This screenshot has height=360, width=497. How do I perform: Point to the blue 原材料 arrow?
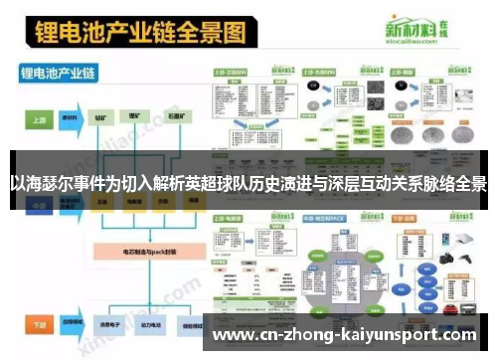[71, 117]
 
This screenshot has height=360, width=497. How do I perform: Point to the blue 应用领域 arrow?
[71, 324]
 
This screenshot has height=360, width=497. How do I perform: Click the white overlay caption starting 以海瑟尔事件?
[248, 184]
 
